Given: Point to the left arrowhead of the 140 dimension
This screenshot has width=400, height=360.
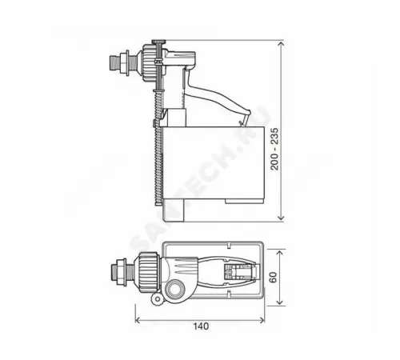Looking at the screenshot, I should (x=138, y=319).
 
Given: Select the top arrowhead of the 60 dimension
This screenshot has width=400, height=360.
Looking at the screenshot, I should (x=277, y=245).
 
